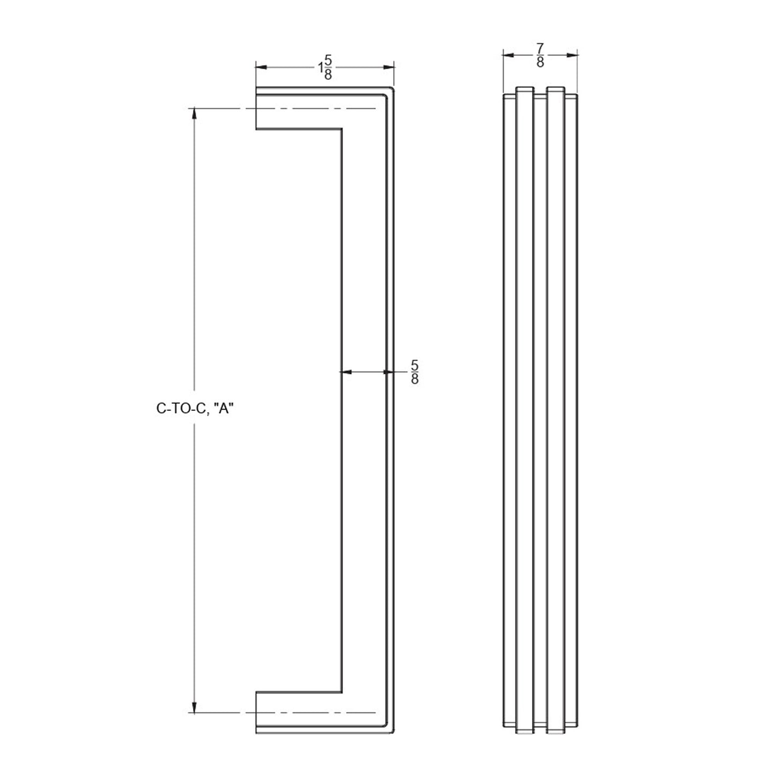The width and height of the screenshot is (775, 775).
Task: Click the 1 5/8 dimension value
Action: [x=325, y=68]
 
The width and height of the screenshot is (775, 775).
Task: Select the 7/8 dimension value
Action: [x=540, y=55]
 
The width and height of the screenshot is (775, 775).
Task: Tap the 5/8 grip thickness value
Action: [x=415, y=372]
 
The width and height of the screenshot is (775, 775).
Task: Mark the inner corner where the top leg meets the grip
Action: [x=342, y=129]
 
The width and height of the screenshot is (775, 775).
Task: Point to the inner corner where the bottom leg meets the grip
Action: [x=342, y=692]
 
